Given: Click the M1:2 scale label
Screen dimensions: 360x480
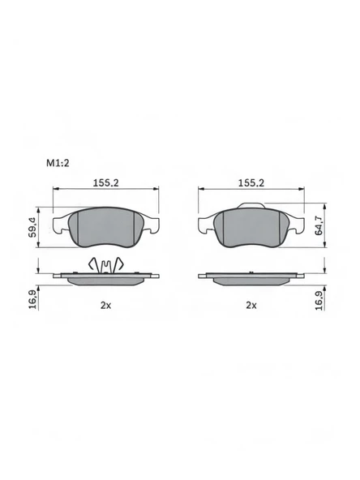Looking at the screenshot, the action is click(x=58, y=163).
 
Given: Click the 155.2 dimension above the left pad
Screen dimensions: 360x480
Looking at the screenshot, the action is click(x=106, y=182).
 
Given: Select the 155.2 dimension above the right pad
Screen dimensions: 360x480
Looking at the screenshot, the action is click(x=251, y=182).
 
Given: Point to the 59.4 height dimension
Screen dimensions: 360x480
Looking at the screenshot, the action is click(x=32, y=227).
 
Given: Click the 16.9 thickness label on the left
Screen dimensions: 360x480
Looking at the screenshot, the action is click(x=32, y=299).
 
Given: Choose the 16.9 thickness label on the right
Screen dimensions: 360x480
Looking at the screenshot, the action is click(x=319, y=300).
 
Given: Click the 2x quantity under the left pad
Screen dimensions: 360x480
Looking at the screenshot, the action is click(x=106, y=305).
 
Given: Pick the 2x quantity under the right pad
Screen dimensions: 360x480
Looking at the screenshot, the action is click(x=251, y=305).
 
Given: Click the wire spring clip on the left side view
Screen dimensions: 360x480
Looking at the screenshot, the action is click(x=105, y=265).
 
